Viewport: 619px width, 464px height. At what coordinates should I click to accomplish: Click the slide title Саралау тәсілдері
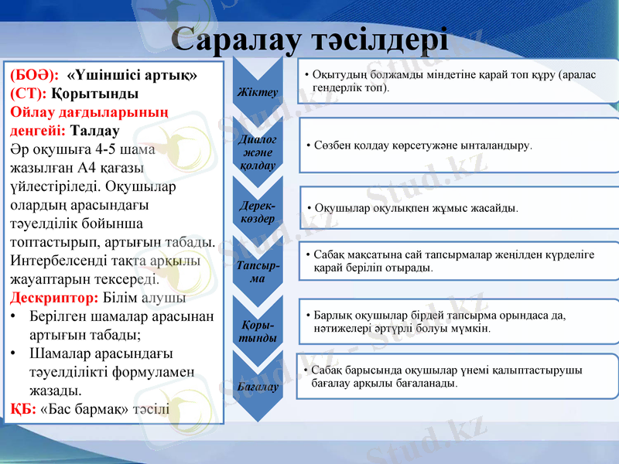(309, 38)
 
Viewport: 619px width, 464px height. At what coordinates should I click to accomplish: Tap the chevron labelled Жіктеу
(258, 92)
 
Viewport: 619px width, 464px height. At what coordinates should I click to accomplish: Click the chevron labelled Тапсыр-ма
(258, 271)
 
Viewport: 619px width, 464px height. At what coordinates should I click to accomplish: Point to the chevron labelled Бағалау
(258, 385)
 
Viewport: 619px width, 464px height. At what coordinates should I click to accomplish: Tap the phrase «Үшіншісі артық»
(132, 76)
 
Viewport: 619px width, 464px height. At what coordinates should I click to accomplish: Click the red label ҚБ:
(23, 408)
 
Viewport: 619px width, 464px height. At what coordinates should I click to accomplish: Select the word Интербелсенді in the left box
(56, 261)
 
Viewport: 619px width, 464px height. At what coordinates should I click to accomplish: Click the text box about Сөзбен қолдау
(460, 145)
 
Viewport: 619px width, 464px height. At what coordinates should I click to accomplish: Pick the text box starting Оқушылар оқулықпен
(460, 208)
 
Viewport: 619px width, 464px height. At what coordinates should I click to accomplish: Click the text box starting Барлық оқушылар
(460, 322)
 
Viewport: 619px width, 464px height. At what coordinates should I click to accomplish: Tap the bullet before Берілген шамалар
(15, 317)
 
